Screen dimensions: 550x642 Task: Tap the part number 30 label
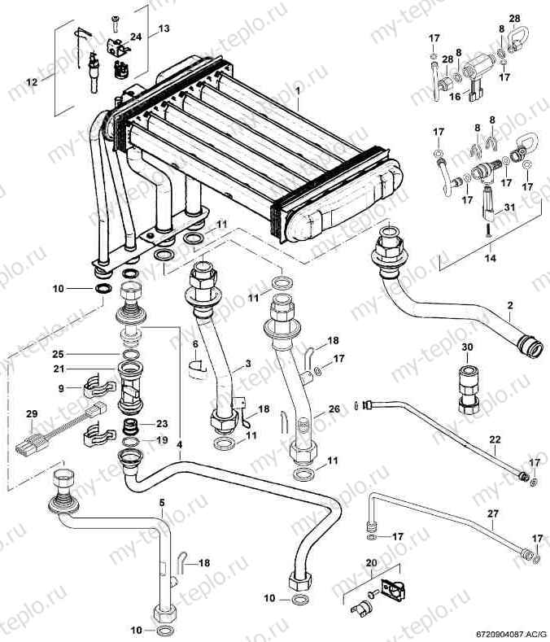pos(467,347)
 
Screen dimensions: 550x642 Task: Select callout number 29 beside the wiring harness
pos(32,414)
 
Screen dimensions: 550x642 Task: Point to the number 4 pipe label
pos(180,444)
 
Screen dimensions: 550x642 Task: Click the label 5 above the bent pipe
pos(162,502)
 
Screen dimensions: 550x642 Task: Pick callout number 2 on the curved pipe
pos(510,305)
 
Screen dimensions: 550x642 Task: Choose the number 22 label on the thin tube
pos(495,439)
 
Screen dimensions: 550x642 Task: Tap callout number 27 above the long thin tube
pos(493,513)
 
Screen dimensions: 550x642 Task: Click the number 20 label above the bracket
pos(371,563)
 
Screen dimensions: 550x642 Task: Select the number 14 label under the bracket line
pos(491,258)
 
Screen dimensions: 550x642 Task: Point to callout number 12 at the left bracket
pos(32,82)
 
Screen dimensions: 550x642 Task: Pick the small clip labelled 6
pos(197,368)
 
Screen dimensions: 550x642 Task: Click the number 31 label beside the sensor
pos(509,207)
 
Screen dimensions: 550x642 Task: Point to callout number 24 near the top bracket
pos(136,37)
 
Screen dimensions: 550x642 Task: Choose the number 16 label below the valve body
pos(455,97)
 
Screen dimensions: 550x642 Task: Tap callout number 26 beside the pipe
pos(334,408)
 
